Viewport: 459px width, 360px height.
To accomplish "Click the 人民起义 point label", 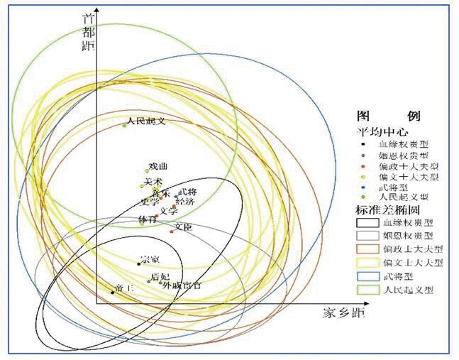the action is [x=147, y=121].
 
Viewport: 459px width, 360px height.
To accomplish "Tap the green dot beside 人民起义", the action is [x=124, y=125].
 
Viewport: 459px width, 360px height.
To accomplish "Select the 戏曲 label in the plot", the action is [x=158, y=166].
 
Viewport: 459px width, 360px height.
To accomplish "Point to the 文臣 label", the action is [x=183, y=227].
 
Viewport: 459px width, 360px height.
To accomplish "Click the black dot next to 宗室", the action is [x=138, y=263].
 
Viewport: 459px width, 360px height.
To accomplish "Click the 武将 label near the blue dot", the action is [x=187, y=192].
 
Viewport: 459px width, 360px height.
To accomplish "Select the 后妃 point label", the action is [x=160, y=276].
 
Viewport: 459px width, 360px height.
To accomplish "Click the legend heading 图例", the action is [x=389, y=115].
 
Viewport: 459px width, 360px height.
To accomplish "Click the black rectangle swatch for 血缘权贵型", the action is [x=367, y=222].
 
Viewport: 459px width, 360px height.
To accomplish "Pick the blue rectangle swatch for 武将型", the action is [x=367, y=276].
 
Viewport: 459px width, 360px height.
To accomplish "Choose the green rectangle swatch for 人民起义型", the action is [x=367, y=290].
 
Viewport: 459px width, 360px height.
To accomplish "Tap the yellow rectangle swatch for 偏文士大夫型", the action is [x=367, y=263].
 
